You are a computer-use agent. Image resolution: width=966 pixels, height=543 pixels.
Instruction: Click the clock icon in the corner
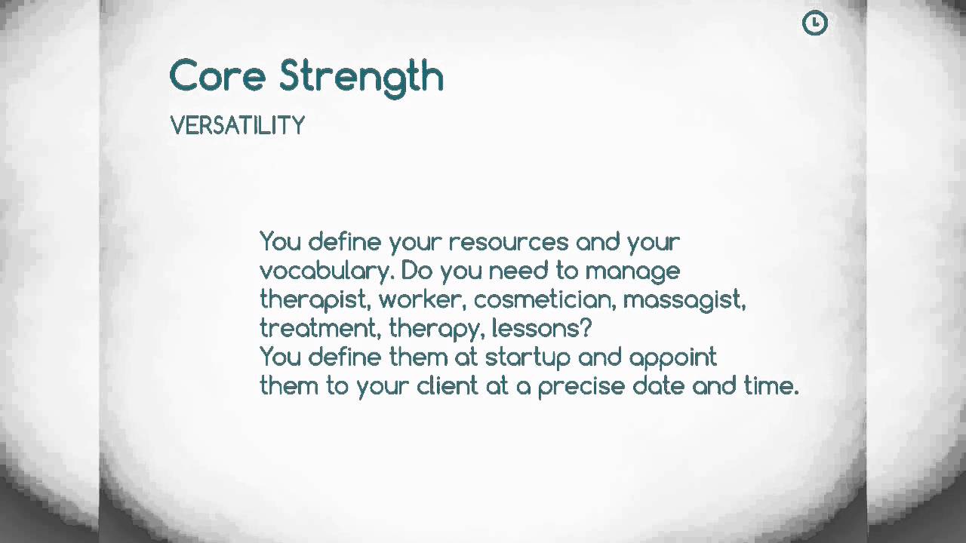tap(814, 23)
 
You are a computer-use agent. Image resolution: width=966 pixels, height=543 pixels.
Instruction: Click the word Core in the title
tap(217, 76)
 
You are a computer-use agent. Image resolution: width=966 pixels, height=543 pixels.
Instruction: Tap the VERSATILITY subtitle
tap(237, 126)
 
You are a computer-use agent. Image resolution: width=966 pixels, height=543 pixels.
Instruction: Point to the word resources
tap(508, 242)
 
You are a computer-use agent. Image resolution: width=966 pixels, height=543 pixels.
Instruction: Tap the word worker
tap(421, 299)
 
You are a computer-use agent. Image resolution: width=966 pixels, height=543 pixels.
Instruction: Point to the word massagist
tap(684, 300)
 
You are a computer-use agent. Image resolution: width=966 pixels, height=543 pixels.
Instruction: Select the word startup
tap(527, 357)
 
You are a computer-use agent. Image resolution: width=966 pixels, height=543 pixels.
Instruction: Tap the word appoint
tap(672, 357)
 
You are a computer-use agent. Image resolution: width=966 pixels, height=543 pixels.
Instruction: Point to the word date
tap(658, 386)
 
